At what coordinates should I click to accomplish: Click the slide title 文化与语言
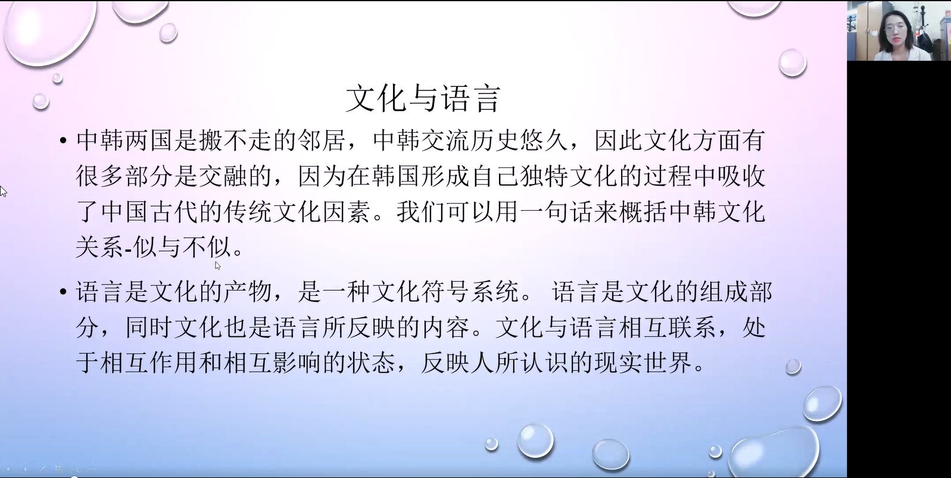point(423,98)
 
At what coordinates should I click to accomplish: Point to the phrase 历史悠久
point(519,140)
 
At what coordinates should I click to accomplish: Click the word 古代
point(174,212)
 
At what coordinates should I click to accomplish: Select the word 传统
point(248,212)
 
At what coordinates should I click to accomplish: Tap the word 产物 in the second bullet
point(248,292)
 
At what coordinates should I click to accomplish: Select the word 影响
point(297,363)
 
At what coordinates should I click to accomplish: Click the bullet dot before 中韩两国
point(63,140)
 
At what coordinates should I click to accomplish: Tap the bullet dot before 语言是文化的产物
point(63,292)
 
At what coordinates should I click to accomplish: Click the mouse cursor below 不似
point(217,265)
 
